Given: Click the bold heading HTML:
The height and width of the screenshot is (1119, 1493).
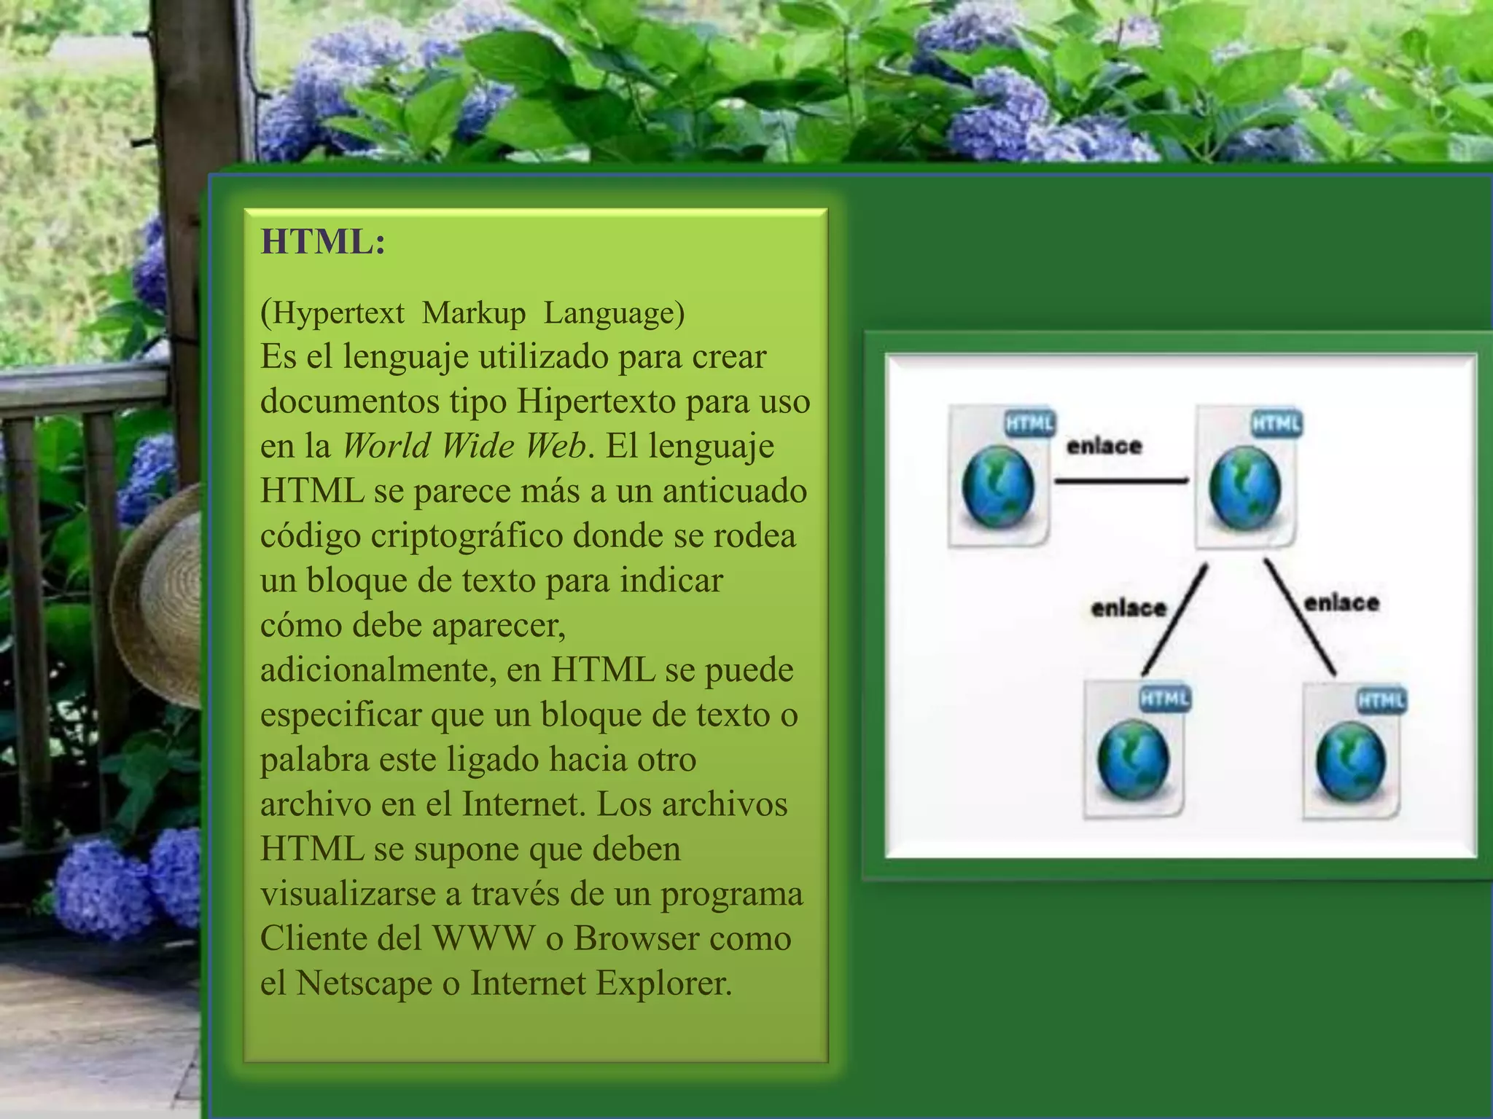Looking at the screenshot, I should click(x=323, y=242).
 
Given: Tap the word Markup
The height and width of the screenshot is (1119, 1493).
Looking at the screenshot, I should click(x=473, y=313).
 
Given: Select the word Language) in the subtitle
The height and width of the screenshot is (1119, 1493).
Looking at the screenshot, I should click(x=614, y=313).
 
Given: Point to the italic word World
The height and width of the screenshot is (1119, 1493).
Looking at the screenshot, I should click(x=387, y=446).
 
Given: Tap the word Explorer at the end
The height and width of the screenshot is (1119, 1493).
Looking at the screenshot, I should click(x=663, y=983).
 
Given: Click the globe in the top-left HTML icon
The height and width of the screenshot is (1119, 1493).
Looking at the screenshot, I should click(x=997, y=487).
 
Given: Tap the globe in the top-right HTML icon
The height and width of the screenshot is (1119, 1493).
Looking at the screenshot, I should click(x=1244, y=487).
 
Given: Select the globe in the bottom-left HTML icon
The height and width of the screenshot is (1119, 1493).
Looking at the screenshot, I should click(x=1133, y=759).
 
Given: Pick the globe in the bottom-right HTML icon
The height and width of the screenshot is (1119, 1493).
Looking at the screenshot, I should click(x=1351, y=761).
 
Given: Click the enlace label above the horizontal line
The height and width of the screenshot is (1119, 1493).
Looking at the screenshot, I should click(x=1104, y=446).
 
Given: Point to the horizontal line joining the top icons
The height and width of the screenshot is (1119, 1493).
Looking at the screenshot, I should click(x=1121, y=481).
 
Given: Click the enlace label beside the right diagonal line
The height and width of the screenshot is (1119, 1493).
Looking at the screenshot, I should click(x=1341, y=603).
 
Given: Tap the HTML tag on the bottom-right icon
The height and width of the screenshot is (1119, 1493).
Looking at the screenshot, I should click(x=1381, y=701).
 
